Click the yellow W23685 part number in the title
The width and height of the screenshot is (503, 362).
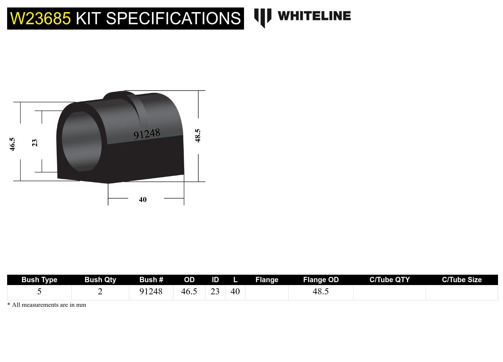[x=40, y=19]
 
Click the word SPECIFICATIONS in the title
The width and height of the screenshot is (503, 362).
[x=173, y=19]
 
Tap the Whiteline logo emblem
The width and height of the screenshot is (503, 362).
[x=263, y=17]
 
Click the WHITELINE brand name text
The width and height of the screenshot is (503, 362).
[x=314, y=16]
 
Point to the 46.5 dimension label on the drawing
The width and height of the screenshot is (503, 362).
[x=12, y=144]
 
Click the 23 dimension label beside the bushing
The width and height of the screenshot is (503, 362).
[x=35, y=143]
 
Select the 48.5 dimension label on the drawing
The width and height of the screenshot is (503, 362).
[x=198, y=136]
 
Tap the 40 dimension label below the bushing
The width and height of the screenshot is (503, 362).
[x=143, y=200]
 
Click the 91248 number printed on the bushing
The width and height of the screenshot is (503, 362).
[x=147, y=134]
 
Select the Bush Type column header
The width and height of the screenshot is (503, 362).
[x=39, y=280]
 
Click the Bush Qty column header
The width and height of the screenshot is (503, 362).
[x=100, y=280]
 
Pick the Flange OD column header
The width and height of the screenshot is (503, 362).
[x=321, y=280]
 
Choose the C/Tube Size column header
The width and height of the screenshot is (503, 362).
[x=462, y=280]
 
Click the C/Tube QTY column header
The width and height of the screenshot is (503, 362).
[x=390, y=280]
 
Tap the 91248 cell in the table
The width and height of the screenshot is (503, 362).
[x=151, y=291]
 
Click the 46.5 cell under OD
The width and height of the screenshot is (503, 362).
[x=189, y=291]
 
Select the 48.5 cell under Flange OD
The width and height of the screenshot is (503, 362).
[x=321, y=291]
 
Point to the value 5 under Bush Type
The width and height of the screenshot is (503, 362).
[x=39, y=291]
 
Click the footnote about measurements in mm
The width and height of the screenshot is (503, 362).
[x=47, y=305]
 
